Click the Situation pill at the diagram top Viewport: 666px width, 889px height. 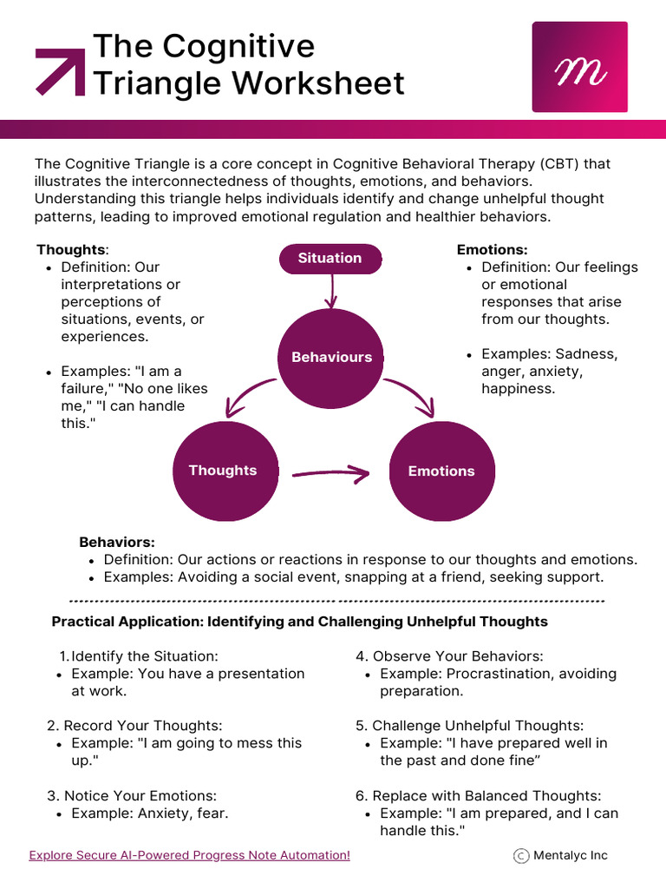coord(330,259)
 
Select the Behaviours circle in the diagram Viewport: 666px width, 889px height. coord(331,358)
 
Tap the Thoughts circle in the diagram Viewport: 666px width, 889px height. coord(225,471)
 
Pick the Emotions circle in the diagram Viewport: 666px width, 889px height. coord(441,471)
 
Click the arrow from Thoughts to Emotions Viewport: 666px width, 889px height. coord(330,473)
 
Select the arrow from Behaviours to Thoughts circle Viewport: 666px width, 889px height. coord(249,396)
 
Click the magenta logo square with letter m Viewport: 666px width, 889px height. coord(580,67)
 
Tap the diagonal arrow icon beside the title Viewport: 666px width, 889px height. coord(60,72)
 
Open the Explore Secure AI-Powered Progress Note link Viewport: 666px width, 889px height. coord(189,855)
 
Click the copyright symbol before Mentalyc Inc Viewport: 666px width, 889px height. coord(521,855)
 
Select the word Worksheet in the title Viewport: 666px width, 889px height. coord(319,83)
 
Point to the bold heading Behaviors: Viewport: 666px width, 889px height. coord(117,542)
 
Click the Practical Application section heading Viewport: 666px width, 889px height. coord(299,622)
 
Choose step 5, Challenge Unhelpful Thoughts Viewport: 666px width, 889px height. coord(469,726)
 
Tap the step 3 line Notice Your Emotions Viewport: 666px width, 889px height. coord(132,796)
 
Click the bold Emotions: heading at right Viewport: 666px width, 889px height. coord(493,249)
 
